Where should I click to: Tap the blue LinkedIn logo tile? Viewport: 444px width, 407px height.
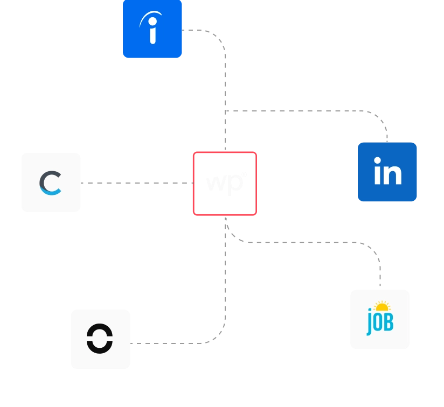click(x=387, y=172)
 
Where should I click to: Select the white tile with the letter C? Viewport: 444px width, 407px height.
click(x=51, y=183)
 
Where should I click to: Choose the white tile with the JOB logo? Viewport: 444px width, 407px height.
click(x=379, y=318)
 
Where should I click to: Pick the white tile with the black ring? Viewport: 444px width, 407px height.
click(x=100, y=338)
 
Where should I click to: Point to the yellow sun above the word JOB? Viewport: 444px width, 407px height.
click(x=381, y=306)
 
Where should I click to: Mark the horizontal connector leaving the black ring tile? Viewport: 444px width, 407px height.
click(x=172, y=342)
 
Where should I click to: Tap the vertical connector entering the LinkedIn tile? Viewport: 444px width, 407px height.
click(x=385, y=132)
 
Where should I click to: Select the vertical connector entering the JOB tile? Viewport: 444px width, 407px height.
click(x=381, y=275)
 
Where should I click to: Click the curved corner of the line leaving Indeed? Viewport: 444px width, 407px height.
click(x=218, y=38)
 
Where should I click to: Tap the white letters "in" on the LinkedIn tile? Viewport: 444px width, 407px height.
click(x=388, y=172)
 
